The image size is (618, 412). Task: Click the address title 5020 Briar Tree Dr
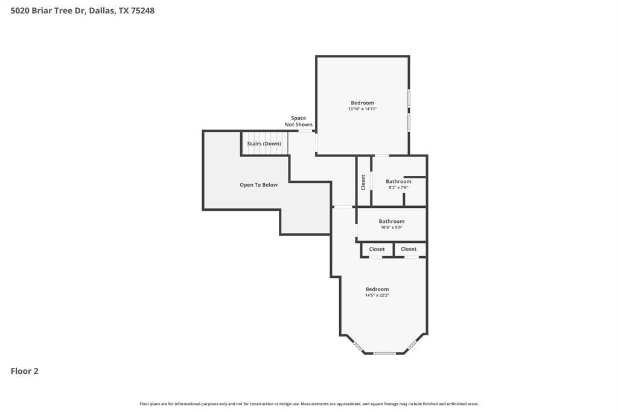tap(82, 10)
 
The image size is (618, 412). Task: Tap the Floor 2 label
tap(24, 371)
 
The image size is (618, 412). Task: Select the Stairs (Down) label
tap(264, 144)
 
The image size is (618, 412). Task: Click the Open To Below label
tap(258, 185)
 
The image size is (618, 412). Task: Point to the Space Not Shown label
tap(299, 121)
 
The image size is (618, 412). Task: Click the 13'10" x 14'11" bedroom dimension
tap(362, 109)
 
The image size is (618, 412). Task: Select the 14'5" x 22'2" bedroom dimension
tap(377, 295)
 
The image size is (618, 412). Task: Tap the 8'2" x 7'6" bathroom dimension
tap(398, 188)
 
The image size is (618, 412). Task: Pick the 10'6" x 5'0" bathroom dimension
tap(391, 228)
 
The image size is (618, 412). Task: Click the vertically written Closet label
tap(363, 182)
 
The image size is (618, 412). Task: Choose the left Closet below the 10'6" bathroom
tap(377, 249)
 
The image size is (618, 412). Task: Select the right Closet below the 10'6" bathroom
tap(409, 249)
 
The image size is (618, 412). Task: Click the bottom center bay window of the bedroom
tap(384, 353)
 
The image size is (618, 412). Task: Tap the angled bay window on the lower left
tap(357, 346)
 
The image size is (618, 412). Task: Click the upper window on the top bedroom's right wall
tap(409, 98)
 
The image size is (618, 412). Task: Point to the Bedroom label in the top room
tap(362, 103)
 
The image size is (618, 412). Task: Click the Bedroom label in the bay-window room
tap(377, 289)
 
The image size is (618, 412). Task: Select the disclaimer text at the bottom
tap(309, 404)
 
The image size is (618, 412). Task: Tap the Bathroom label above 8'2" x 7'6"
tap(398, 181)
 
